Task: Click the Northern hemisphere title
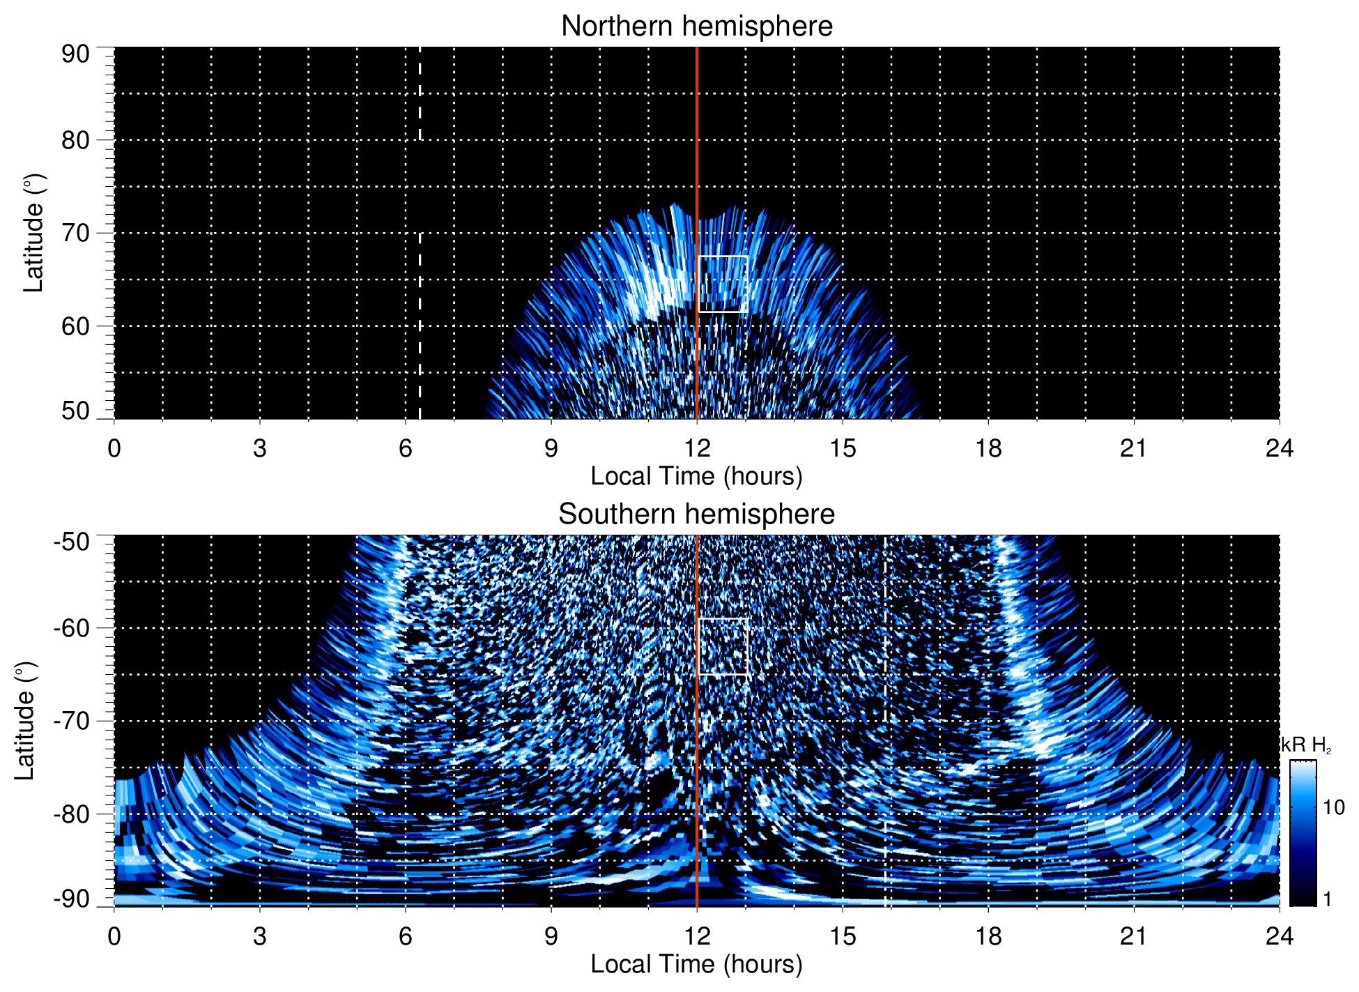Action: tap(696, 26)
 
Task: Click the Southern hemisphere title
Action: tap(696, 514)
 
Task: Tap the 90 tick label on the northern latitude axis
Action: tap(75, 54)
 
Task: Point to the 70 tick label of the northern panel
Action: tap(75, 233)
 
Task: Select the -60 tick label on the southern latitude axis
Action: tap(71, 628)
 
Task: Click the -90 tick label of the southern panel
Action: tap(71, 899)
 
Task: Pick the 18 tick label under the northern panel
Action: tap(988, 448)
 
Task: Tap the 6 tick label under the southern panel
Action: tap(405, 936)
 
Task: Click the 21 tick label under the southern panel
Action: tap(1134, 936)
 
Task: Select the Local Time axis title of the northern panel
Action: tap(696, 477)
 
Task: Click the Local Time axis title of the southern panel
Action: tap(696, 965)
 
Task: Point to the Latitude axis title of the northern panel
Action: tap(33, 233)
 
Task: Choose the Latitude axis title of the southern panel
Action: tap(25, 721)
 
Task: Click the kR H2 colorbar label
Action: tap(1306, 745)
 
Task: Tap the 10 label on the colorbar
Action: tap(1333, 808)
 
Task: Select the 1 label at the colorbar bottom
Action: tap(1327, 899)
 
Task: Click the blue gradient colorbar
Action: tap(1303, 833)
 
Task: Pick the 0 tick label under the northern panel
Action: tap(114, 448)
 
